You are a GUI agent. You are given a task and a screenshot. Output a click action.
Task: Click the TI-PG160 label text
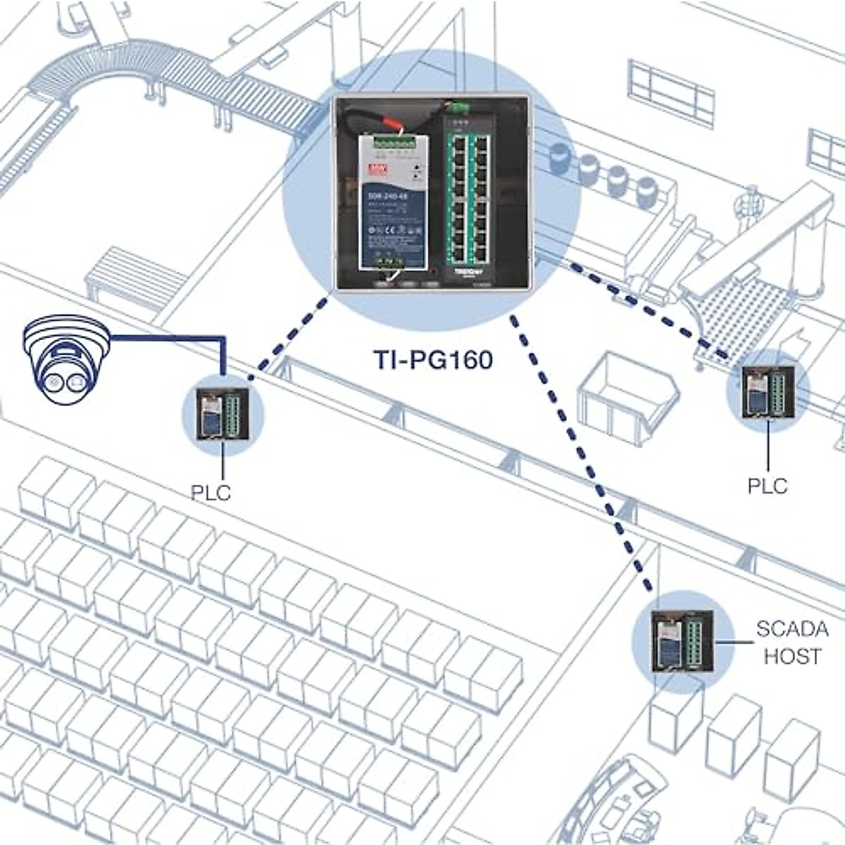pyautogui.click(x=433, y=360)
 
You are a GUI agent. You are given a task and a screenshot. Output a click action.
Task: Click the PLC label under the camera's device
pyautogui.click(x=211, y=492)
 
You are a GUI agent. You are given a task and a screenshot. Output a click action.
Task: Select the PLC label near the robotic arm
pyautogui.click(x=767, y=486)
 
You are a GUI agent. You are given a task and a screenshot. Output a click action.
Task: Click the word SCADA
pyautogui.click(x=792, y=628)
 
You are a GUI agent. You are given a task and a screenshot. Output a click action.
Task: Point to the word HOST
pyautogui.click(x=792, y=656)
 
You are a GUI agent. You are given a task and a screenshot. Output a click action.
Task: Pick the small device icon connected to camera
pyautogui.click(x=222, y=415)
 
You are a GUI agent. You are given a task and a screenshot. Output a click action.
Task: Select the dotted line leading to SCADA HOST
pyautogui.click(x=577, y=451)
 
